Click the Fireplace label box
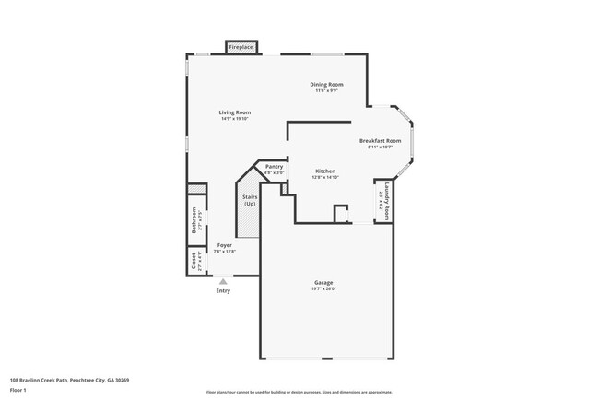click(x=241, y=46)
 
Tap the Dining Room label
click(x=326, y=84)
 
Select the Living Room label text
click(x=235, y=112)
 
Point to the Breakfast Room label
click(x=380, y=140)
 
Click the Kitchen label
click(x=325, y=171)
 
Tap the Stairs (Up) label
click(x=249, y=200)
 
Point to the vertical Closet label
click(x=194, y=261)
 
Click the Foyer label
click(x=224, y=245)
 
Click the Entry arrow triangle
click(x=222, y=281)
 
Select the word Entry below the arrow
click(x=223, y=291)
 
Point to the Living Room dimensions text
click(x=235, y=119)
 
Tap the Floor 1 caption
click(x=19, y=390)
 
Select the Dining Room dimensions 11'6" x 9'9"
click(x=326, y=90)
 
